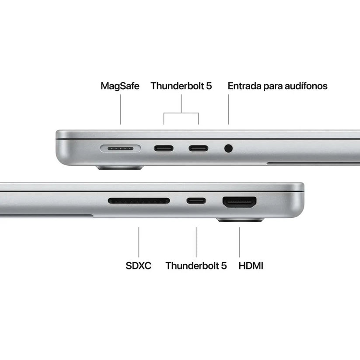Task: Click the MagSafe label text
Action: pyautogui.click(x=120, y=86)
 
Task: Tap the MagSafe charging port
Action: pyautogui.click(x=120, y=148)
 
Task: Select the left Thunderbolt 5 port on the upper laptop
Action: pyautogui.click(x=164, y=148)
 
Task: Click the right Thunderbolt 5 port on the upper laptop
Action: pyautogui.click(x=199, y=148)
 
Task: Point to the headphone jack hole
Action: pyautogui.click(x=228, y=148)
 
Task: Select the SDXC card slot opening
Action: pyautogui.click(x=139, y=201)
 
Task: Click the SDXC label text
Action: pyautogui.click(x=139, y=265)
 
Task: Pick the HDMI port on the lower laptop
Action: pyautogui.click(x=240, y=202)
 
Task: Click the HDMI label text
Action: pyautogui.click(x=251, y=265)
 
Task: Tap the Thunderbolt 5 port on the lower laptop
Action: pyautogui.click(x=196, y=201)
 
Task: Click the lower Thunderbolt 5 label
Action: pyautogui.click(x=196, y=265)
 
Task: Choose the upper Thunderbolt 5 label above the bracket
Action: pyautogui.click(x=181, y=86)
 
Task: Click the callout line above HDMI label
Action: pyautogui.click(x=239, y=241)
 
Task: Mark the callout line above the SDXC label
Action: pyautogui.click(x=139, y=241)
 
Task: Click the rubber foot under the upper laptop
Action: pyautogui.click(x=120, y=167)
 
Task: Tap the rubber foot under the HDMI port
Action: pyautogui.click(x=240, y=220)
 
